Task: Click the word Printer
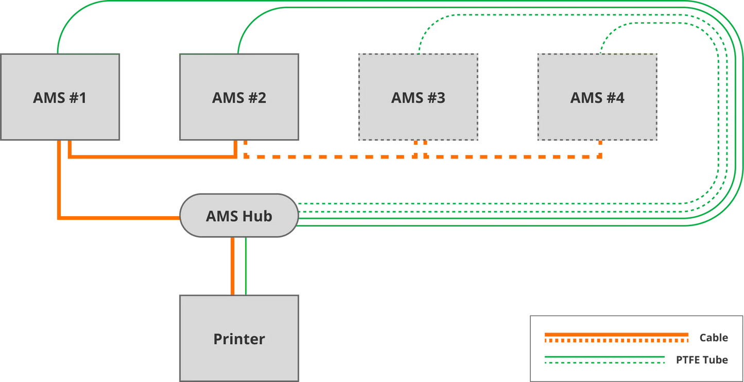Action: [239, 339]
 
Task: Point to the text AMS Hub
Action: [239, 216]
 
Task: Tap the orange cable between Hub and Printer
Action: [233, 266]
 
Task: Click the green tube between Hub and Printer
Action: [246, 266]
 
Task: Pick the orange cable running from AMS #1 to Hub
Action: [60, 185]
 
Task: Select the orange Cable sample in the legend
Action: [616, 338]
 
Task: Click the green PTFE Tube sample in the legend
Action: [602, 359]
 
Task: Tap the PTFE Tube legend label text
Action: [702, 360]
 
